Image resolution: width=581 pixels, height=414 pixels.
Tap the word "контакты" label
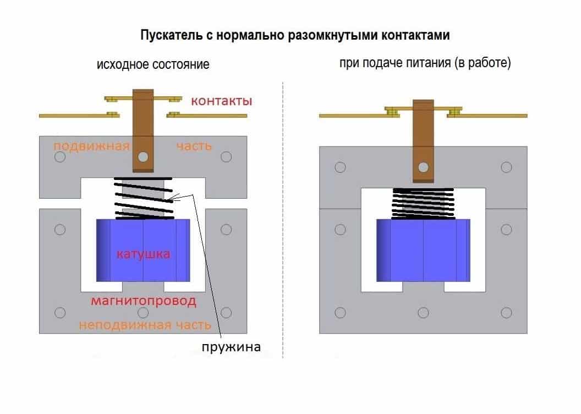222,101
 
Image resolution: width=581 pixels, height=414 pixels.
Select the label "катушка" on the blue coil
143,254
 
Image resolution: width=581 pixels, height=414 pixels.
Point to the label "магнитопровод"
144,301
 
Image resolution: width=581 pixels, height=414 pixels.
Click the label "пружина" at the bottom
231,346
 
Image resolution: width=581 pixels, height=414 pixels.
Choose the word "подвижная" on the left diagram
91,146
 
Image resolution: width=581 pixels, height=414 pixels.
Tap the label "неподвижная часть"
145,325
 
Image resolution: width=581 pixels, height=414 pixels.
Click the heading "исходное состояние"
153,64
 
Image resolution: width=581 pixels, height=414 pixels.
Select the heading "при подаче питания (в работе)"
425,63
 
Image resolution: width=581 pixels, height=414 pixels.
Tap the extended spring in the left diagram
143,198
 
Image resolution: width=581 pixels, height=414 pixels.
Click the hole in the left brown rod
144,157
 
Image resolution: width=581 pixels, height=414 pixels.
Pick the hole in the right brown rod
423,167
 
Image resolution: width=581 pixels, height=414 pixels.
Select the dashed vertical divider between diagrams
283,220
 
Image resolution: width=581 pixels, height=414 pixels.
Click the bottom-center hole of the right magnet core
423,313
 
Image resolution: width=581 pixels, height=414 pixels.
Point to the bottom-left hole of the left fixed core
60,313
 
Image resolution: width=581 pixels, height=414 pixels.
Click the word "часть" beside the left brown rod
194,146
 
